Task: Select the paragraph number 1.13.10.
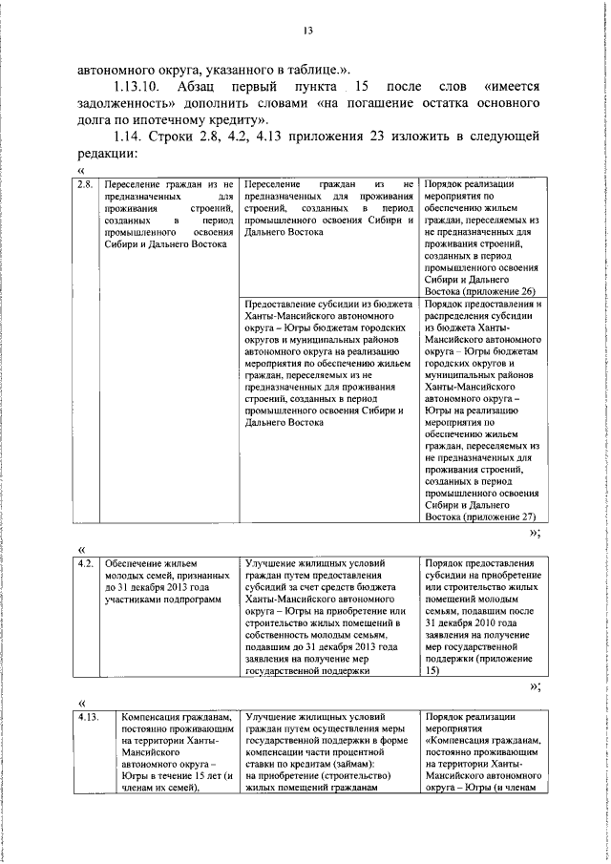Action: [x=139, y=86]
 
